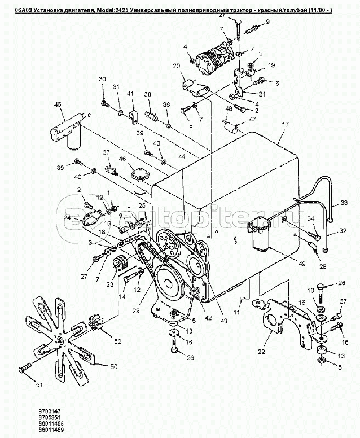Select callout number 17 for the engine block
pos(285,123)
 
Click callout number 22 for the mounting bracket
pos(261,352)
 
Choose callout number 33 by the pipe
pos(344,203)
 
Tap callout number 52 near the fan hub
pos(117,341)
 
